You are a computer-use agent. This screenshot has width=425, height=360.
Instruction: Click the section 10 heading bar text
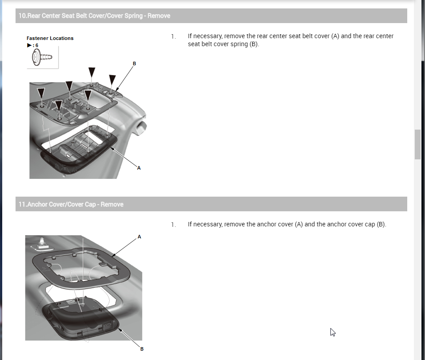[x=94, y=16]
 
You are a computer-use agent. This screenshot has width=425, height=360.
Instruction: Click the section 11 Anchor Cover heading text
[x=71, y=204]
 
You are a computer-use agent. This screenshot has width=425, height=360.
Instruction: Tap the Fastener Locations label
[x=50, y=38]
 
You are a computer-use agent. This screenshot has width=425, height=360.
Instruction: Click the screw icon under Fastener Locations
[x=42, y=57]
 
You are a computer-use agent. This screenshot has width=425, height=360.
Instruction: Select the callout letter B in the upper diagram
[x=134, y=63]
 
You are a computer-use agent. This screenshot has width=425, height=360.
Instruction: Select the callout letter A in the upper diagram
[x=139, y=168]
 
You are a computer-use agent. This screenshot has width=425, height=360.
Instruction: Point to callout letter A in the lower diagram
[x=139, y=237]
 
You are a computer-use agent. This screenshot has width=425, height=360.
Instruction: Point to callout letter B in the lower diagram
[x=142, y=349]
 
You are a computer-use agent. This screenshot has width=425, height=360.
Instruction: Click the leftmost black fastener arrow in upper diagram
[x=41, y=93]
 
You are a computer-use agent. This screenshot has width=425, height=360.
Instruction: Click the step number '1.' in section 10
[x=174, y=36]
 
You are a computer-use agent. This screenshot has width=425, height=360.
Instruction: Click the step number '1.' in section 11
[x=174, y=225]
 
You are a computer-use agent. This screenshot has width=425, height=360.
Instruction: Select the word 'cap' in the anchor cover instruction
[x=369, y=225]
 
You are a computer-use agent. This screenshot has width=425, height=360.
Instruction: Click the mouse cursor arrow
[x=333, y=332]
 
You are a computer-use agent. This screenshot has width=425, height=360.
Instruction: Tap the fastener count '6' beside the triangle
[x=37, y=45]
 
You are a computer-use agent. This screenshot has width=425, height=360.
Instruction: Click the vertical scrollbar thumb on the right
[x=417, y=145]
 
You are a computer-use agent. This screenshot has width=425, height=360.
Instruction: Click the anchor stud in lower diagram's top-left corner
[x=42, y=243]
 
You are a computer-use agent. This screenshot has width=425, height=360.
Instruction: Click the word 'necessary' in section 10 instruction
[x=208, y=36]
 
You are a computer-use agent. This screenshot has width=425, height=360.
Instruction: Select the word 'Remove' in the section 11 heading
[x=112, y=204]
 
